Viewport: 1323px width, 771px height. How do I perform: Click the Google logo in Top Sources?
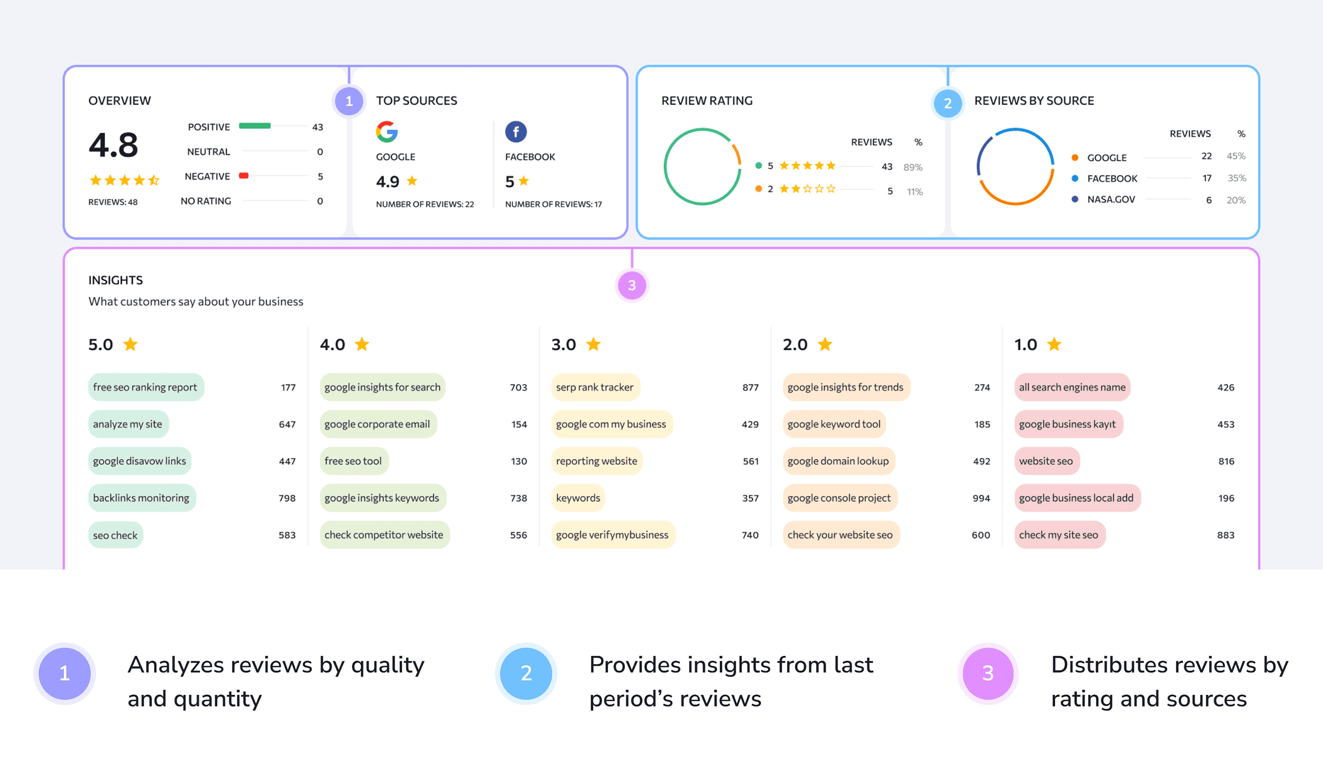tap(387, 132)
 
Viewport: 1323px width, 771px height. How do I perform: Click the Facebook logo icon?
tap(516, 132)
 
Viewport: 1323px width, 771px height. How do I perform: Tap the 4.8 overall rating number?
tap(113, 145)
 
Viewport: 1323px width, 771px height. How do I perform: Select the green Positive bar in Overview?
tap(255, 126)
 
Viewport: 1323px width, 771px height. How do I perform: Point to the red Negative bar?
tap(244, 176)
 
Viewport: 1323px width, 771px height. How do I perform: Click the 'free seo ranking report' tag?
tap(146, 387)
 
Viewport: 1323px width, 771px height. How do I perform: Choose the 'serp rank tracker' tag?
tap(595, 387)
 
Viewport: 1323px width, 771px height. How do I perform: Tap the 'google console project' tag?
tap(839, 498)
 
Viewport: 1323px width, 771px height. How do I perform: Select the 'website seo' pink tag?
tap(1046, 461)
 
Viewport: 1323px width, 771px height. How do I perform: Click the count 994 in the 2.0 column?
tap(981, 498)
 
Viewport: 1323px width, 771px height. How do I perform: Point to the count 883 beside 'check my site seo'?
tap(1226, 535)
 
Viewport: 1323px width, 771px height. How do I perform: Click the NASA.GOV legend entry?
tap(1111, 199)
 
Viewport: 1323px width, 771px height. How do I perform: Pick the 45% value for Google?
tap(1236, 156)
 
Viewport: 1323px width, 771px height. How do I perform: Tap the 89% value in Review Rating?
tap(913, 167)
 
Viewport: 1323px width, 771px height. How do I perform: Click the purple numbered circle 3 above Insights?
tap(632, 286)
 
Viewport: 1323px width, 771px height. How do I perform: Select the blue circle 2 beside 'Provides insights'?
tap(526, 673)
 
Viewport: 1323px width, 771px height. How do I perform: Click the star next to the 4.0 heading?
tap(362, 344)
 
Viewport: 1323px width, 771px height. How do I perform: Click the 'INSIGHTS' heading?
tap(115, 280)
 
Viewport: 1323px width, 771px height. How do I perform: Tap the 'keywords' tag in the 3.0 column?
tap(578, 498)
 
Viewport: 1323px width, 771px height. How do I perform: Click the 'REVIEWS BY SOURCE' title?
tap(1034, 100)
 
